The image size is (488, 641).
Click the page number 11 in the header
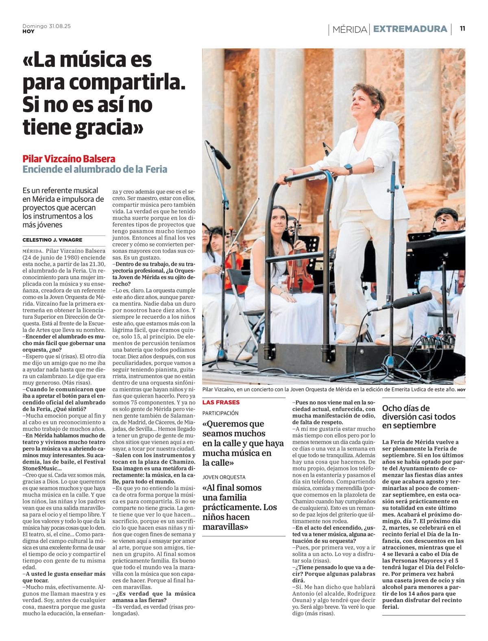point(462,28)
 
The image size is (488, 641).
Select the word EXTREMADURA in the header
point(410,29)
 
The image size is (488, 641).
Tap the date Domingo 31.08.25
point(46,26)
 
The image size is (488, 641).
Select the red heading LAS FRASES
point(221,402)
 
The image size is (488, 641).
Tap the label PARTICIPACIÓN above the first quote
point(221,413)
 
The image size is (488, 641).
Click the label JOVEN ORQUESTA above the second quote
point(224,477)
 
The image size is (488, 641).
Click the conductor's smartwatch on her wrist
point(348,168)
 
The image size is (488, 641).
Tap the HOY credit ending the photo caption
point(461,390)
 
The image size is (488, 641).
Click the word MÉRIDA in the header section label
point(349,29)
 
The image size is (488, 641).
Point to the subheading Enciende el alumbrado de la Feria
point(95,169)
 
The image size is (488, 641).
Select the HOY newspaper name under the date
point(28,31)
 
